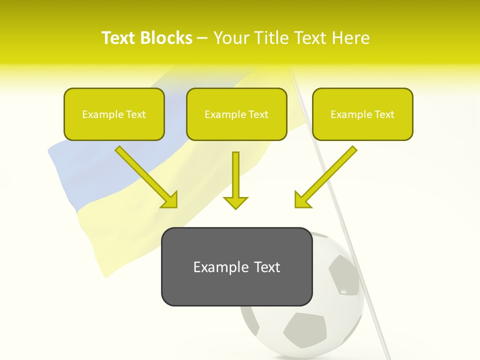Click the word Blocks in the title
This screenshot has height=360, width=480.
click(x=167, y=38)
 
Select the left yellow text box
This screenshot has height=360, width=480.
click(x=114, y=127)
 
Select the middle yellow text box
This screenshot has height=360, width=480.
click(x=236, y=127)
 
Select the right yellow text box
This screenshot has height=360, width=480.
click(x=362, y=127)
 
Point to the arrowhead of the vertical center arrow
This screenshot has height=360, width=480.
click(x=235, y=202)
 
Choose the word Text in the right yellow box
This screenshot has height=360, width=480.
click(x=384, y=114)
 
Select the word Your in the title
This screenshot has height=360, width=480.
click(x=229, y=38)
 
